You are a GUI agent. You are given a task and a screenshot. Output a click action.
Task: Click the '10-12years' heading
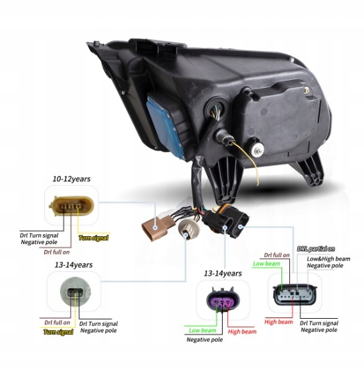click(x=71, y=179)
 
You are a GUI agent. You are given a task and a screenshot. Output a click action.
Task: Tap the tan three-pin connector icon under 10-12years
click(x=71, y=206)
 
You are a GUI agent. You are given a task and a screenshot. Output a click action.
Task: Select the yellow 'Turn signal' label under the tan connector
click(x=94, y=238)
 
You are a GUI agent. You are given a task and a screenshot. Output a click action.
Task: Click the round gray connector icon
click(x=75, y=292)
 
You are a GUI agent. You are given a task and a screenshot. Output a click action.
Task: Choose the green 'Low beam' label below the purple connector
click(x=202, y=331)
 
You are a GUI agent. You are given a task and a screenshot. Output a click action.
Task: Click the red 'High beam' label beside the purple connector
click(x=242, y=331)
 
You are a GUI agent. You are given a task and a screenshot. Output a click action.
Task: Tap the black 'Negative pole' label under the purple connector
click(x=205, y=340)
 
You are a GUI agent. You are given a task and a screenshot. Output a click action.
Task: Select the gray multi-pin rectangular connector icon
click(x=295, y=295)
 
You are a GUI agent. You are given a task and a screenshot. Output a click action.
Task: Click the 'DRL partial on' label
click(x=316, y=249)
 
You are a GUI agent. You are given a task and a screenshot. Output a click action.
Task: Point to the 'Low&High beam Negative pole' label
click(x=328, y=262)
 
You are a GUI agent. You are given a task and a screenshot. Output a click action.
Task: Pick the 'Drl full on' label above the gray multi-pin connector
click(x=277, y=255)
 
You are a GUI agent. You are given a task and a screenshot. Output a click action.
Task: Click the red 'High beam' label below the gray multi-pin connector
click(x=279, y=321)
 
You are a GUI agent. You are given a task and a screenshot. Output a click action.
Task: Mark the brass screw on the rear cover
click(x=306, y=90)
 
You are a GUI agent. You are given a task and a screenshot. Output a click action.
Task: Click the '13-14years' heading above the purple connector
click(x=223, y=274)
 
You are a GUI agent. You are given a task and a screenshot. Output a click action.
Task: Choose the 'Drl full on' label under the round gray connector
click(x=57, y=323)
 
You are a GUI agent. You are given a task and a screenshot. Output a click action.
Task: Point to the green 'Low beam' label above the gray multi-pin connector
click(x=266, y=264)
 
